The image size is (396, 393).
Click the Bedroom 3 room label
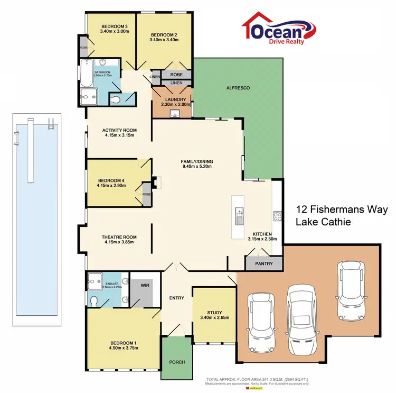pos(114,26)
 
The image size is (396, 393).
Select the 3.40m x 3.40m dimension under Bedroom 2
pos(163,40)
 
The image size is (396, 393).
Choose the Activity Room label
pos(119,130)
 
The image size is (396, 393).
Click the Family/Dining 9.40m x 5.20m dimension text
pos(196,167)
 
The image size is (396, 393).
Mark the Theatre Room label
pos(119,237)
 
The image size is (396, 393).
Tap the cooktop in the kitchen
pos(277,215)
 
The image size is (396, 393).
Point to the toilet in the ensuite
pos(94,301)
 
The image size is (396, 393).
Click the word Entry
pos(176,298)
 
